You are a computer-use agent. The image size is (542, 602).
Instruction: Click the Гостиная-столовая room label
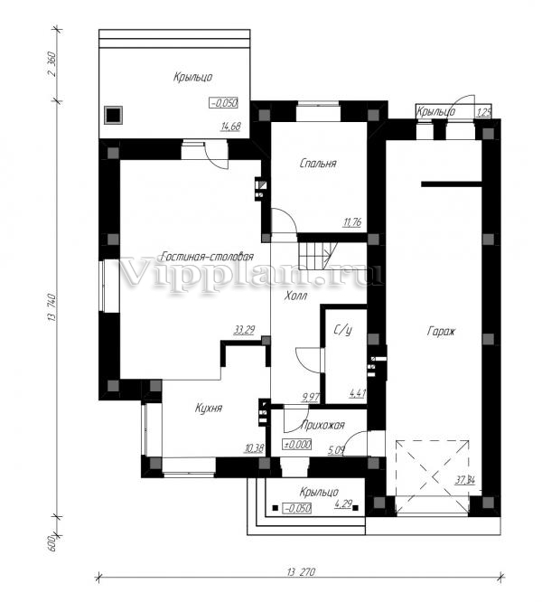207,257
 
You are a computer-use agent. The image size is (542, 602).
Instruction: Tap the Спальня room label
318,164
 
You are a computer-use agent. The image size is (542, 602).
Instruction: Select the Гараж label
441,332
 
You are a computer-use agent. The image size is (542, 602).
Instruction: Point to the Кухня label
209,408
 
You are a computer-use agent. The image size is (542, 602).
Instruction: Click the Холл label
295,296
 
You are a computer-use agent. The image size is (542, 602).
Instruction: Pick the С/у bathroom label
343,330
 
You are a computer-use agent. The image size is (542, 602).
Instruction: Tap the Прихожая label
323,425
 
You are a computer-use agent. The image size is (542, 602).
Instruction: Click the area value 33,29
244,330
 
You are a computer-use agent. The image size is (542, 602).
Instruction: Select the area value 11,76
352,222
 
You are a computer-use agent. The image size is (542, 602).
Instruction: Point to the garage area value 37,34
465,480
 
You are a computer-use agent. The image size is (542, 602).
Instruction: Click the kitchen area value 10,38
254,447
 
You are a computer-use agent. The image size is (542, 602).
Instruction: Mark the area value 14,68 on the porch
230,127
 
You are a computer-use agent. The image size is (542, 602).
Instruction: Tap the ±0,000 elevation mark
297,445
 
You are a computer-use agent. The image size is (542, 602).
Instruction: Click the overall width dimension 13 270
301,571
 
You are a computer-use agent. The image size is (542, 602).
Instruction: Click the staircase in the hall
317,256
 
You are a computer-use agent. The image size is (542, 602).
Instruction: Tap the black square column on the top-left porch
114,115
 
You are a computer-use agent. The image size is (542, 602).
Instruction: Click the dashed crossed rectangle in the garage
433,477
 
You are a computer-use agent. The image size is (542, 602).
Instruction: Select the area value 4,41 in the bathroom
357,394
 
